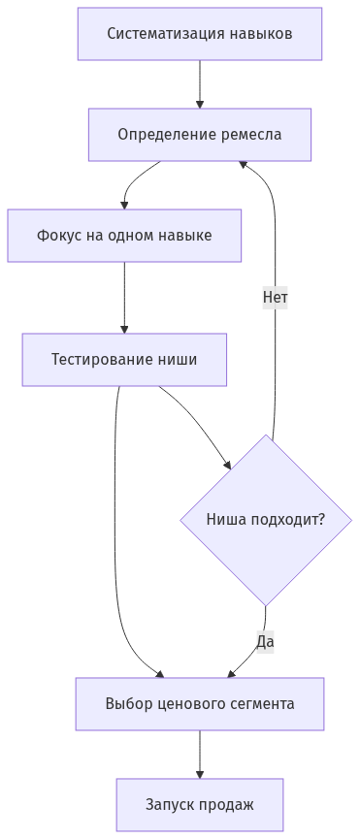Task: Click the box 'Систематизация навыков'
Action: tap(199, 34)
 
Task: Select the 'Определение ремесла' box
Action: tap(199, 134)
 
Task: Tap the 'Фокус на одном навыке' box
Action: tap(124, 236)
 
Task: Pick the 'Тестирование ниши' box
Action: tap(124, 360)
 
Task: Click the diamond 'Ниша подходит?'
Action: tap(265, 520)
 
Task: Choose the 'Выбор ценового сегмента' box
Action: tap(199, 704)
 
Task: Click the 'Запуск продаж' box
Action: tap(199, 804)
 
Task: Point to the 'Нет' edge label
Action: tap(275, 298)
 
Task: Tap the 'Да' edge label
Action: tap(265, 641)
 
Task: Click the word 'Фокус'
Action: tap(58, 236)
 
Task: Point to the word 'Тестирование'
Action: tap(101, 360)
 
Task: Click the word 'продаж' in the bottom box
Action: tap(229, 804)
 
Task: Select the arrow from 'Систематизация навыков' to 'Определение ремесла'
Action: tap(200, 83)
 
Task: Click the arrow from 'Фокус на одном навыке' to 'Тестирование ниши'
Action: tap(124, 298)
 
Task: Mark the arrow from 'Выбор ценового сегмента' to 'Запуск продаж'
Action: tap(200, 754)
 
